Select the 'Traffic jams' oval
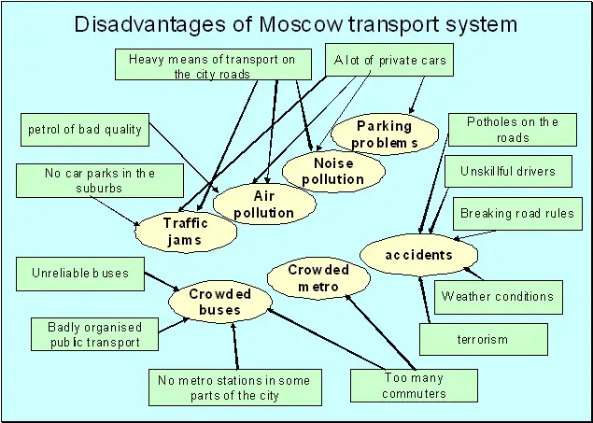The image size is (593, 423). (x=184, y=231)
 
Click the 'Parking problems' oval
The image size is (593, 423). (x=384, y=134)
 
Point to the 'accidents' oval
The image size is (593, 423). (x=419, y=255)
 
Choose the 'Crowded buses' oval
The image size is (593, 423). (x=220, y=301)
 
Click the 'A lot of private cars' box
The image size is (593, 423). (x=390, y=62)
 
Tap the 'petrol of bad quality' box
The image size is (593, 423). (x=84, y=129)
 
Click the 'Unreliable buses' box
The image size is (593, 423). (x=80, y=274)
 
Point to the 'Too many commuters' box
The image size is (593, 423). (x=414, y=385)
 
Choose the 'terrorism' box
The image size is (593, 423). (x=483, y=339)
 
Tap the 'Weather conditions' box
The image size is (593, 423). (x=498, y=297)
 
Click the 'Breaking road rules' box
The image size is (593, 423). (x=516, y=214)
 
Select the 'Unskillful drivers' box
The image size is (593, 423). (x=507, y=172)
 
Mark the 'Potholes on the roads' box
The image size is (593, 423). (x=513, y=129)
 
